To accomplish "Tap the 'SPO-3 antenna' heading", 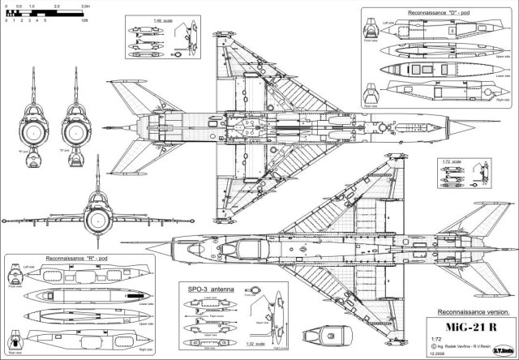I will [x=207, y=289].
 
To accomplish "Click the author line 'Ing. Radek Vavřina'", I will [x=464, y=347].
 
